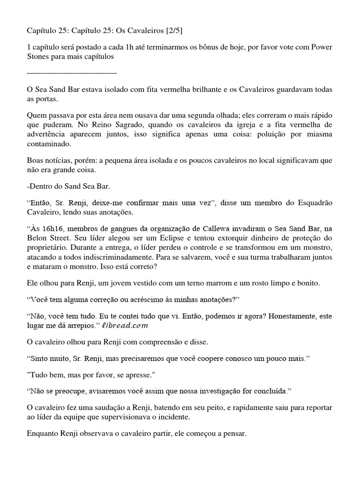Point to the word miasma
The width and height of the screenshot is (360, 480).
[x=319, y=135]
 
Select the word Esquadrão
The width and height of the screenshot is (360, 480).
[x=314, y=203]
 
